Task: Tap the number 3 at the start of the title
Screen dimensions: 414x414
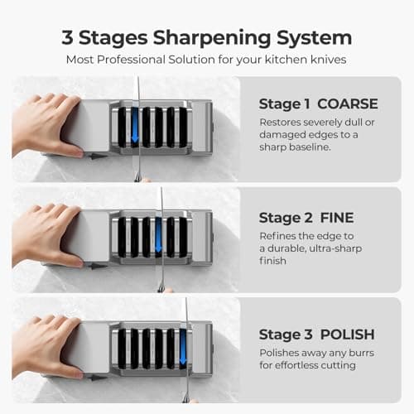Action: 68,38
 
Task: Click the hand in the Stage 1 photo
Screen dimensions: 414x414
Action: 46,124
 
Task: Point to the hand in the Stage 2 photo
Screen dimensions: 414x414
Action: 46,235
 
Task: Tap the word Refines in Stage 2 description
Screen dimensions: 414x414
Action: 280,235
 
